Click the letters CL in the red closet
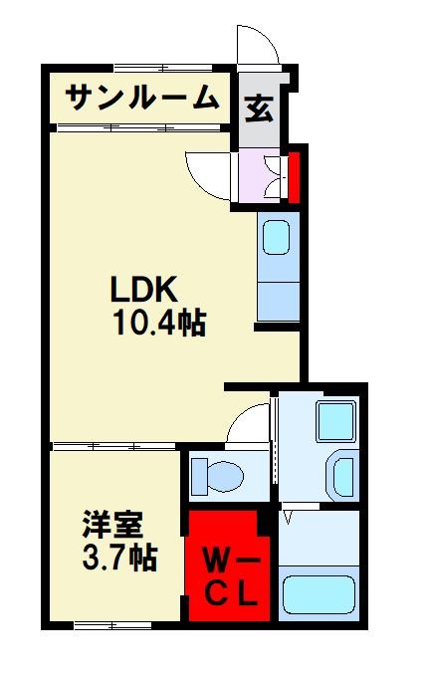point(232,594)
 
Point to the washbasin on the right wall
point(341,475)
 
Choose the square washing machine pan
point(335,423)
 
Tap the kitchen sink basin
point(276,238)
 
